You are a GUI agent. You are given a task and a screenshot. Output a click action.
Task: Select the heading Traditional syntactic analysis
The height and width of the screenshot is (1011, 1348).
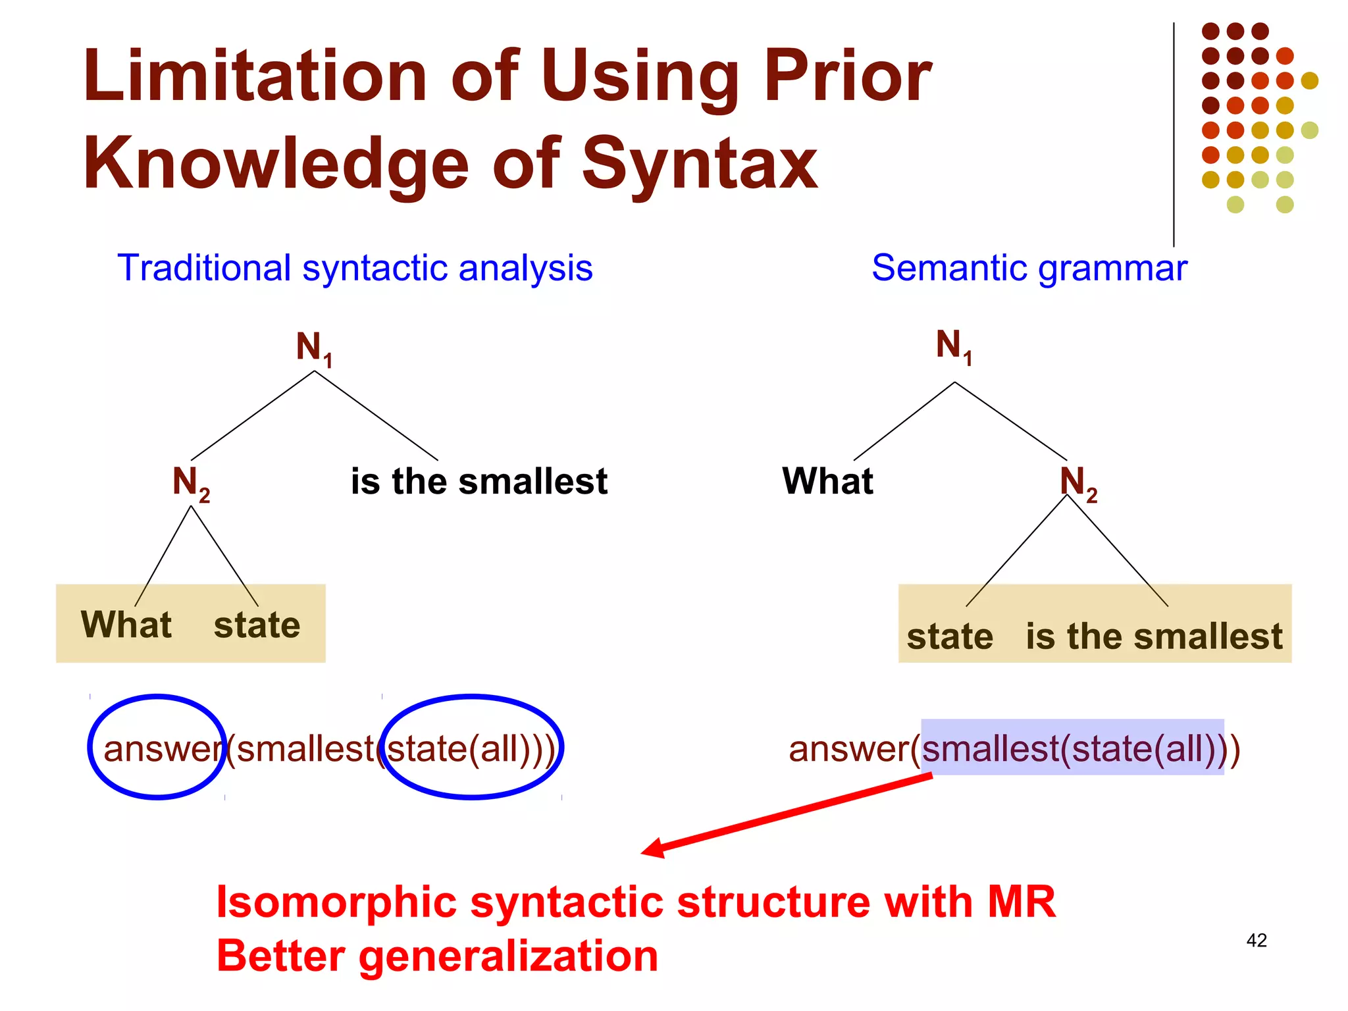coord(355,269)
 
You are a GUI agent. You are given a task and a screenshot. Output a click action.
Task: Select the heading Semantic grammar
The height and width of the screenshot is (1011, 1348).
coord(1029,269)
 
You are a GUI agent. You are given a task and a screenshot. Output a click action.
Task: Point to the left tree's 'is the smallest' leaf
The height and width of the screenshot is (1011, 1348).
coord(479,481)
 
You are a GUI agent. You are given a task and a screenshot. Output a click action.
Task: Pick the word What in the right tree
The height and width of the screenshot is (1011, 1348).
coord(827,481)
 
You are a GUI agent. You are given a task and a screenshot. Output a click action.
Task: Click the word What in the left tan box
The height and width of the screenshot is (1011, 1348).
coord(126,625)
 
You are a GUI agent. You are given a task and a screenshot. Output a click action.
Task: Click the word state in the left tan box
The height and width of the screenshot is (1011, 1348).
coord(257,625)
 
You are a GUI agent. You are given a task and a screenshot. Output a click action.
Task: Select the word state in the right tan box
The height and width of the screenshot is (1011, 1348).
coord(949,637)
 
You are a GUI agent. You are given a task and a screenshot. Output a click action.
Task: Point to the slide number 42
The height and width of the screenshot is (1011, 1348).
coord(1256,941)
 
